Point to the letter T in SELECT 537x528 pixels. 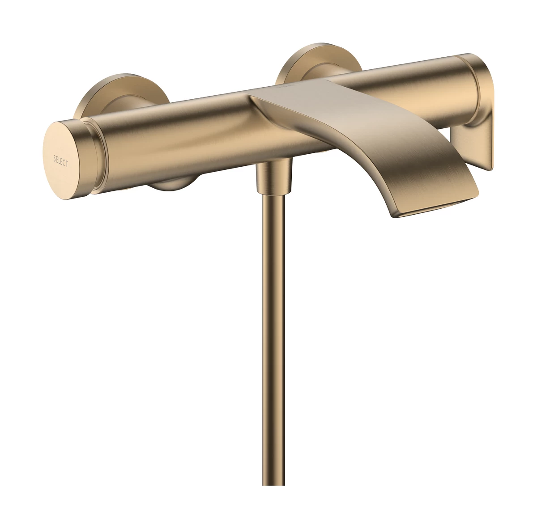click(x=67, y=165)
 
